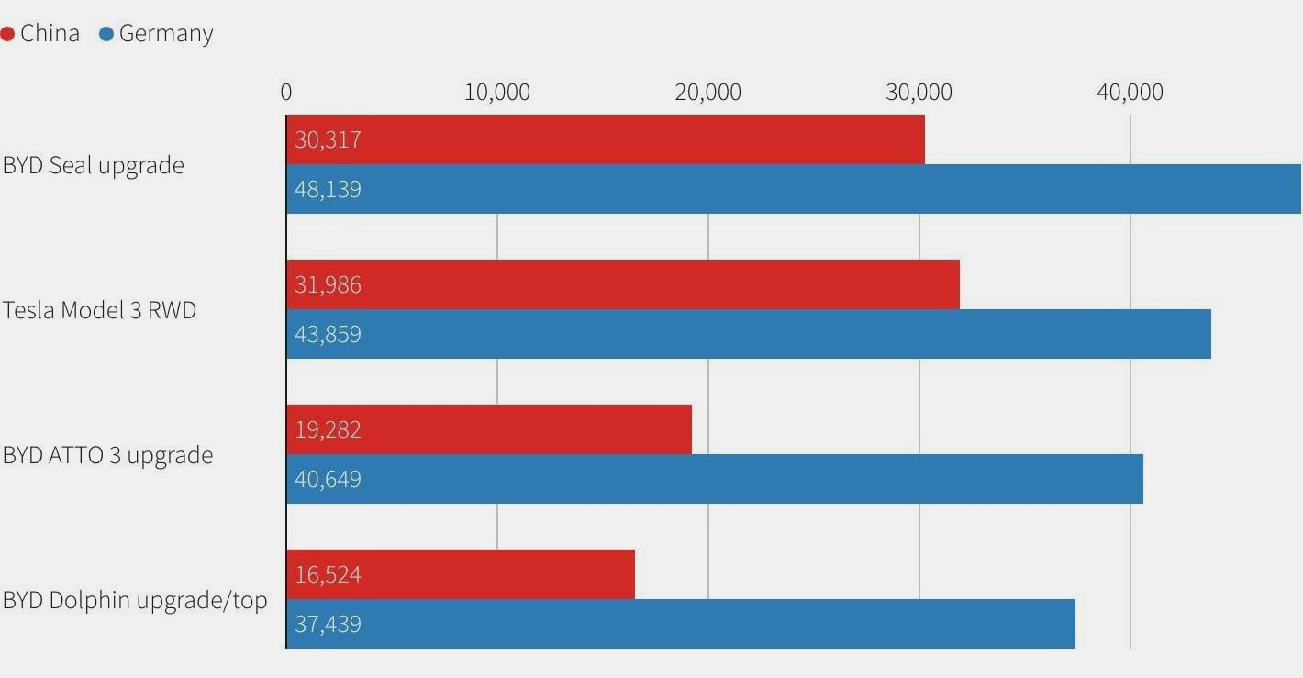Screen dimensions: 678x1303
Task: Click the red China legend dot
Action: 7,35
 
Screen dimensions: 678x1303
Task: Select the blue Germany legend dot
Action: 106,35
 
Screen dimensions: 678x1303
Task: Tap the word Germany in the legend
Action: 166,34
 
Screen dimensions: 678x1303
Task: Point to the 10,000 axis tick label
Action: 497,93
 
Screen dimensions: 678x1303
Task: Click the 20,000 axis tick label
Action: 707,93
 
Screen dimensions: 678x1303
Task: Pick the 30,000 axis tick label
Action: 919,93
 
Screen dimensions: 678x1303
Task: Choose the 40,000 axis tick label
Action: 1130,93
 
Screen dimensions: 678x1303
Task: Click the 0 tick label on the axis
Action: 286,93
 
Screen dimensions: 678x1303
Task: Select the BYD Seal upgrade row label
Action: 93,166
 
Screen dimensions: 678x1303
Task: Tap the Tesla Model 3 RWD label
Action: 99,310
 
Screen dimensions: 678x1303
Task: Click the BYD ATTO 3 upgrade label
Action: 107,456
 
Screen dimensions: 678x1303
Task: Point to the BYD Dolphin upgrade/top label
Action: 135,601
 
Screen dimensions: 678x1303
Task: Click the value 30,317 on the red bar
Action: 328,140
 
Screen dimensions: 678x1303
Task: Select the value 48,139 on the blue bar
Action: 328,190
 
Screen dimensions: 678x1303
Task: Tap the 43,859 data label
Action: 328,335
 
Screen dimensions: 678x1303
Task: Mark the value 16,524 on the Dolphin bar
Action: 328,575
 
